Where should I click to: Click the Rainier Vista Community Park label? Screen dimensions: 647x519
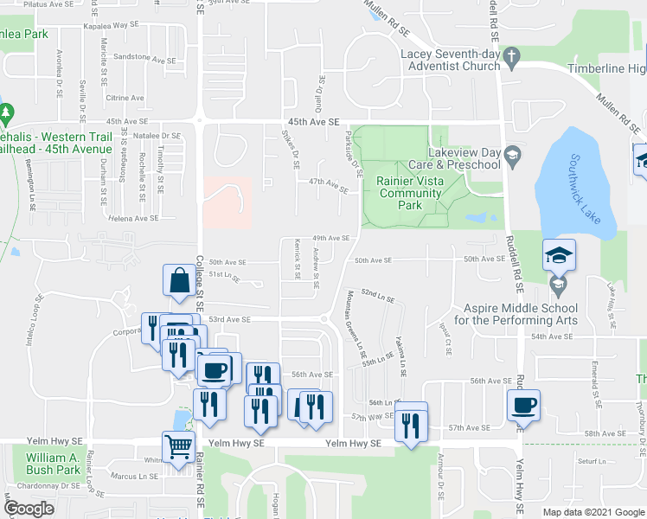410,193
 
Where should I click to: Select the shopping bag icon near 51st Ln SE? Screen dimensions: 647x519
178,281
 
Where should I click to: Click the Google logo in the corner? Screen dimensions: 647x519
29,508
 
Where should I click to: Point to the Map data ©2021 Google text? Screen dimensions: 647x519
593,512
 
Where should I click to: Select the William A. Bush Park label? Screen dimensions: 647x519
53,464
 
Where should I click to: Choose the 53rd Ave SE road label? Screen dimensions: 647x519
229,319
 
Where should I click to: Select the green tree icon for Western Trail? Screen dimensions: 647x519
7,113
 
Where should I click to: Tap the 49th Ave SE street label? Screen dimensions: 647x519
330,237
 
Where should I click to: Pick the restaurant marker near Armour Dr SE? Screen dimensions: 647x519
410,424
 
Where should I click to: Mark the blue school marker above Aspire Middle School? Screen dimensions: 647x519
558,255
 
